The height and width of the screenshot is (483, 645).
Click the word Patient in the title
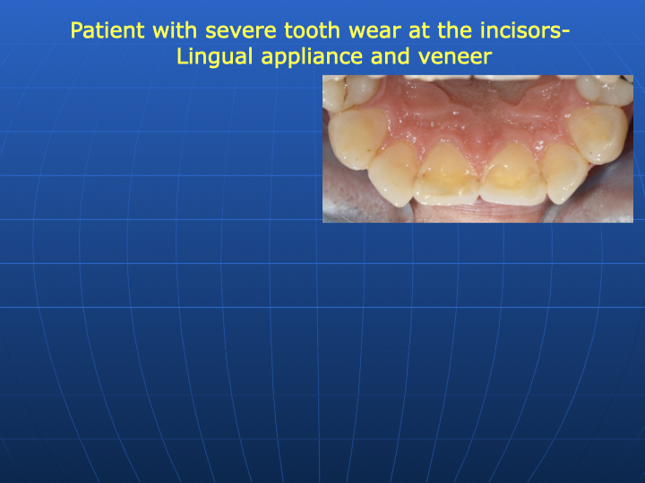coord(107,30)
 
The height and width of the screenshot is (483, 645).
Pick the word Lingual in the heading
coord(215,56)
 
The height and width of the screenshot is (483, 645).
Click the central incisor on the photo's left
coord(446,174)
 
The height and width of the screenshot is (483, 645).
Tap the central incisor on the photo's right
coord(514,174)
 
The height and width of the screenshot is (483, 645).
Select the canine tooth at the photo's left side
coord(357,138)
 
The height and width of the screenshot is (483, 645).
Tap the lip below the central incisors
coord(479,213)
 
